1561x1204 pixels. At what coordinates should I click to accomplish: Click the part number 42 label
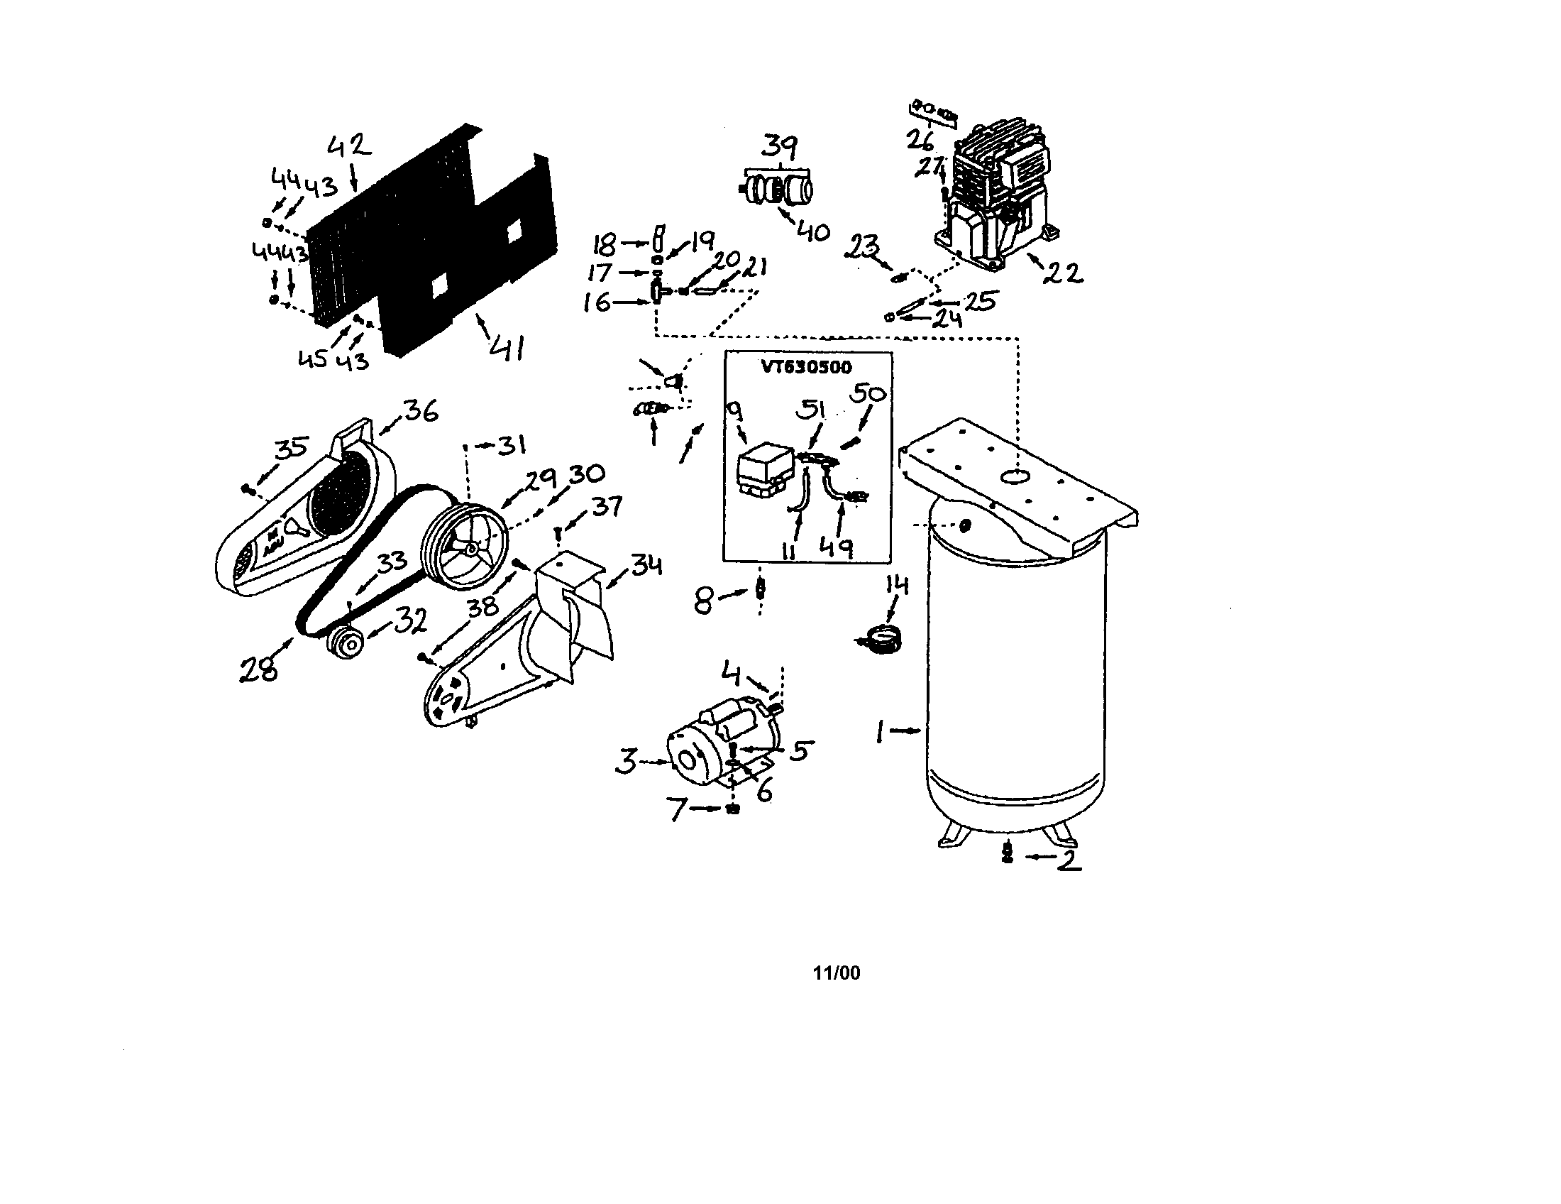tap(350, 146)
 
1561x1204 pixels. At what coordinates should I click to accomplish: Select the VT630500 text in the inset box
tap(806, 368)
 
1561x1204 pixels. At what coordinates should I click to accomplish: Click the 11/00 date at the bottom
tap(837, 973)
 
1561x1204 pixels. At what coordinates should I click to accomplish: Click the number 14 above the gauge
tap(896, 586)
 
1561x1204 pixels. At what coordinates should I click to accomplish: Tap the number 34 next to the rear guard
tap(646, 567)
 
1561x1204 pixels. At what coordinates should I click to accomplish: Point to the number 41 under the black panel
tap(507, 348)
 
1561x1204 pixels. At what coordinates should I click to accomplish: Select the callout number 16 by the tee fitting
tap(597, 302)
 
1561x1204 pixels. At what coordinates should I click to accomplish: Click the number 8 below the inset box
tap(704, 600)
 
